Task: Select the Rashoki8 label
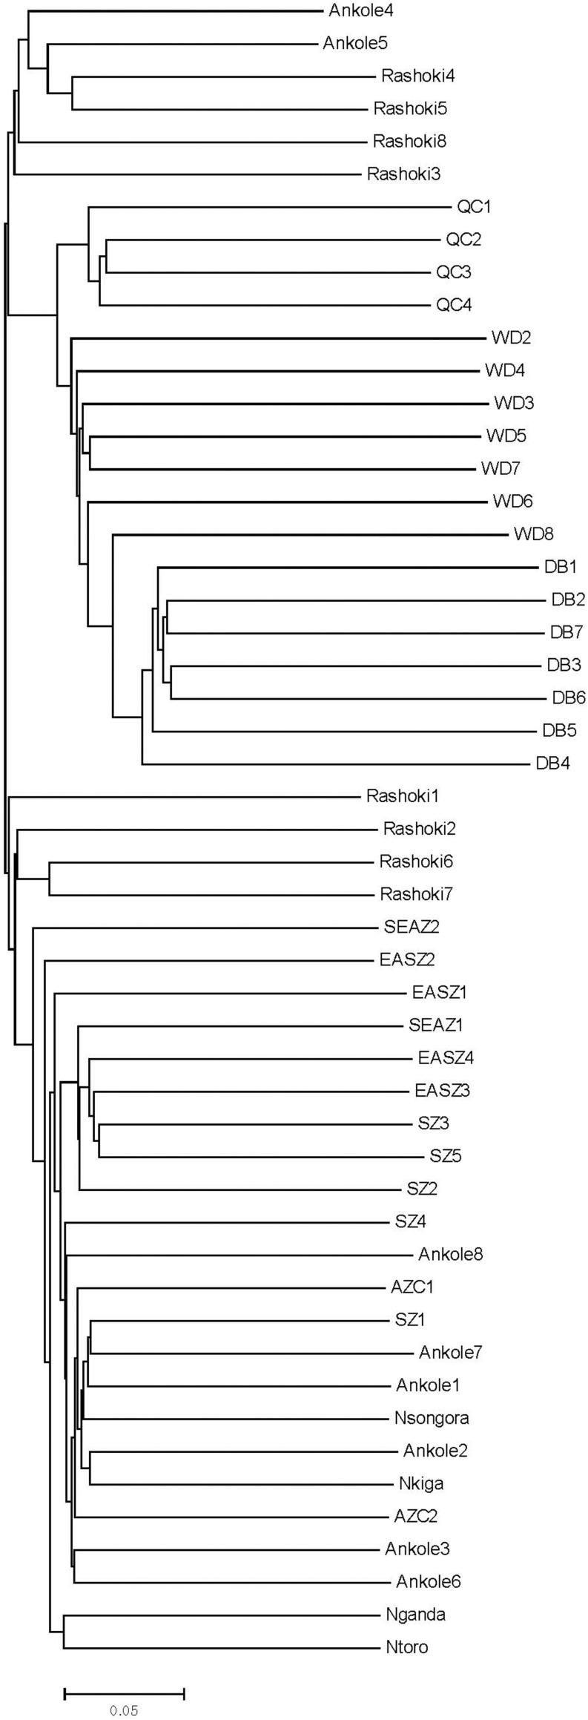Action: [x=398, y=141]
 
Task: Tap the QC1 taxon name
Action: [x=474, y=206]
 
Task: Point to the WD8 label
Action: [x=533, y=534]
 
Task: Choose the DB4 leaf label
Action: [x=552, y=763]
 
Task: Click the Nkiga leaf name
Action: [x=421, y=1484]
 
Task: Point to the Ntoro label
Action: [x=407, y=1648]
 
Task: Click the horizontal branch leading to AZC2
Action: [x=230, y=1517]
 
